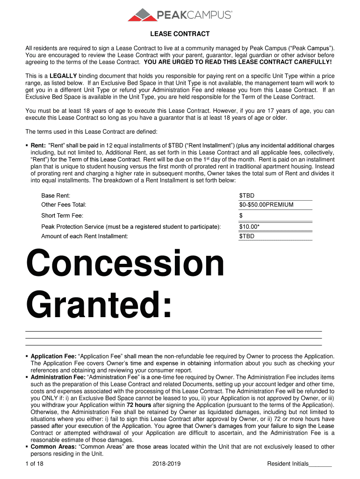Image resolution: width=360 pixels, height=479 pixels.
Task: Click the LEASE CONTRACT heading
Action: coord(180,34)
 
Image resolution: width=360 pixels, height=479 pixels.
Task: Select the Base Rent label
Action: coord(56,196)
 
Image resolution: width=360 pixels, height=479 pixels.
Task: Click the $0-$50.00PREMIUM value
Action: coord(266,205)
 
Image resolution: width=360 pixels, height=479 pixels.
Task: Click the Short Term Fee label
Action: coord(62,216)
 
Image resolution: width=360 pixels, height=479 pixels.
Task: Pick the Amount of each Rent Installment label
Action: coord(85,236)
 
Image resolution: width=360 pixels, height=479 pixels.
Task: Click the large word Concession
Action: coord(126,264)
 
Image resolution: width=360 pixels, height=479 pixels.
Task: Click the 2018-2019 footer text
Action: coord(166,464)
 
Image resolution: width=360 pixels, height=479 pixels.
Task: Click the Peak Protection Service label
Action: coord(131,227)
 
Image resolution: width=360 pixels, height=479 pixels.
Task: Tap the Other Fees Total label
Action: coord(64,205)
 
